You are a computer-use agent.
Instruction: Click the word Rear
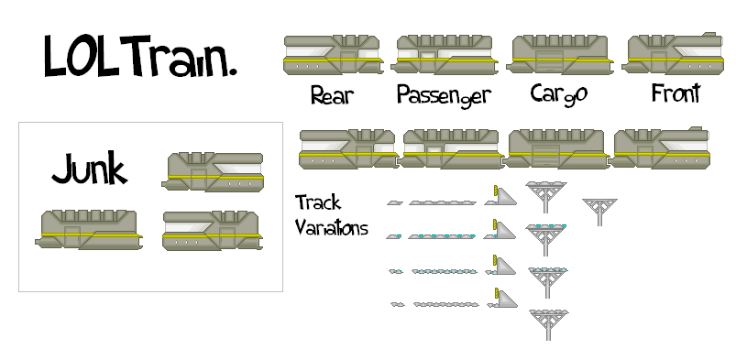pyautogui.click(x=332, y=94)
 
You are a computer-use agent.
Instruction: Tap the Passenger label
pyautogui.click(x=444, y=95)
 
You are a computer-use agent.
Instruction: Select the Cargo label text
pyautogui.click(x=558, y=94)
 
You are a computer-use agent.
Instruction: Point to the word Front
pyautogui.click(x=676, y=93)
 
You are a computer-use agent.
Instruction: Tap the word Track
pyautogui.click(x=317, y=202)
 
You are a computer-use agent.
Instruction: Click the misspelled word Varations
pyautogui.click(x=331, y=227)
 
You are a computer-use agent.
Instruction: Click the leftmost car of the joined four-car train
pyautogui.click(x=348, y=148)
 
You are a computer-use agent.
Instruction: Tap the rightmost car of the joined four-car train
pyautogui.click(x=663, y=148)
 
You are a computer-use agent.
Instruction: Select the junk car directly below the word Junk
pyautogui.click(x=89, y=229)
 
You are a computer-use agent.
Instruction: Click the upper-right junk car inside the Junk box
pyautogui.click(x=214, y=171)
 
